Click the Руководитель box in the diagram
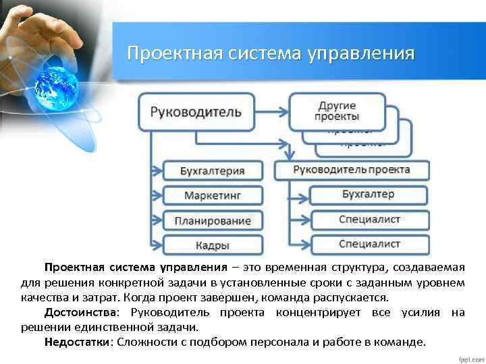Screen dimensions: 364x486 196,112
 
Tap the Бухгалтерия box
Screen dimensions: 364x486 212,171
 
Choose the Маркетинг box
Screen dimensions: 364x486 212,195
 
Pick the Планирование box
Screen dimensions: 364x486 212,220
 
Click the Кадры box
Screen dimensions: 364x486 212,245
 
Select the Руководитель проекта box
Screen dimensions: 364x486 351,169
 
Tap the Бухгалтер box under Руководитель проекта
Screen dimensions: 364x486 369,195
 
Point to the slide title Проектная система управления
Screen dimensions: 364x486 271,53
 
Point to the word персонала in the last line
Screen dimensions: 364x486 283,342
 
